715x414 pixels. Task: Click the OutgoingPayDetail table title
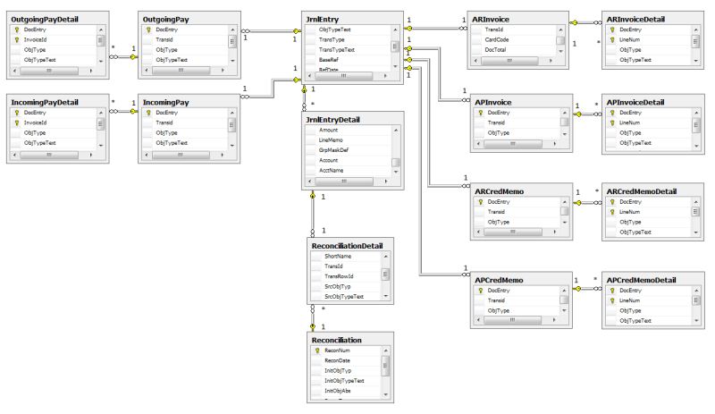coord(44,18)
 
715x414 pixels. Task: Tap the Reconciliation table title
coord(337,341)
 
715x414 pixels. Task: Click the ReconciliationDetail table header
coord(347,243)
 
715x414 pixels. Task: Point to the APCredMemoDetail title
coord(642,280)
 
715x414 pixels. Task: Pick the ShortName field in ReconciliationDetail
coord(339,256)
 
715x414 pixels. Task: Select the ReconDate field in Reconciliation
coord(338,360)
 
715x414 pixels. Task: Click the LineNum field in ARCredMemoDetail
coord(631,211)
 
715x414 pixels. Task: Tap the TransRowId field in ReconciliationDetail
coord(341,275)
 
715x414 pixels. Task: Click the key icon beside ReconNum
coord(317,351)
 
